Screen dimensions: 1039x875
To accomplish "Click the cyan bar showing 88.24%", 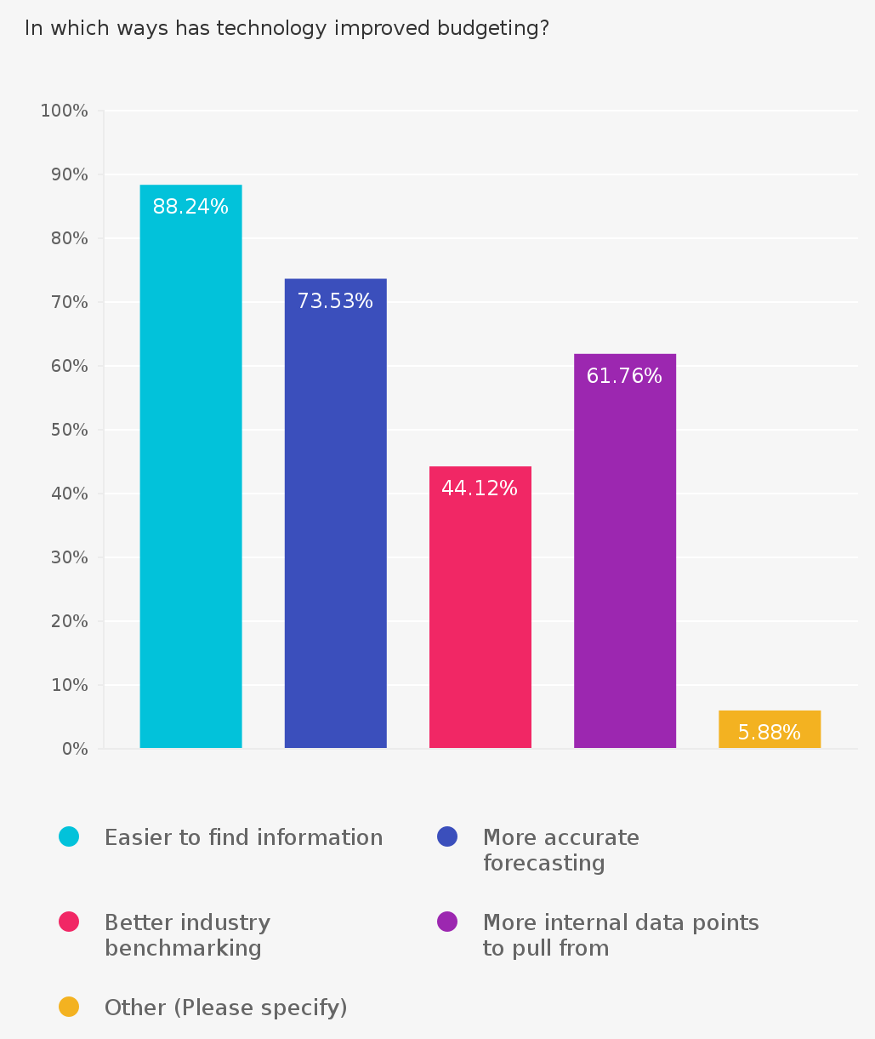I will pyautogui.click(x=190, y=477).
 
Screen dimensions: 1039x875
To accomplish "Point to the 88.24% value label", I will pyautogui.click(x=190, y=207).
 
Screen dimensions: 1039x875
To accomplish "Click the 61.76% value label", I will pyautogui.click(x=624, y=376).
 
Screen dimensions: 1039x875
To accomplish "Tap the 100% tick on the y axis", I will pyautogui.click(x=65, y=111).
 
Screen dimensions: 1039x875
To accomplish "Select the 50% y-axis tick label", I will pyautogui.click(x=70, y=430).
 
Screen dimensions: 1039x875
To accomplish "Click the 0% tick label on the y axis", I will pyautogui.click(x=74, y=749).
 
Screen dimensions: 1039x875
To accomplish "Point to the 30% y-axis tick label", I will pyautogui.click(x=70, y=557).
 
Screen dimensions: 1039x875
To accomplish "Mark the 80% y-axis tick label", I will pyautogui.click(x=70, y=238).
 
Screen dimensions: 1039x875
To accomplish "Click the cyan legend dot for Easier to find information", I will pyautogui.click(x=69, y=836).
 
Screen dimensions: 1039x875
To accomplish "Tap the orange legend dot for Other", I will pyautogui.click(x=69, y=1007).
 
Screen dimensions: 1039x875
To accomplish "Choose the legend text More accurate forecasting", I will pyautogui.click(x=560, y=850).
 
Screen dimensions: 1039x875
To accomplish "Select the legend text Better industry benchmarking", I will pyautogui.click(x=187, y=935).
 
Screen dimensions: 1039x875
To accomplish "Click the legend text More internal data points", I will pyautogui.click(x=620, y=935).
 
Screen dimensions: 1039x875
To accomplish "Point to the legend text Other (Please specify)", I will pyautogui.click(x=225, y=1008).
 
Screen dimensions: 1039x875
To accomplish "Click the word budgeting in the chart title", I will pyautogui.click(x=493, y=28).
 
